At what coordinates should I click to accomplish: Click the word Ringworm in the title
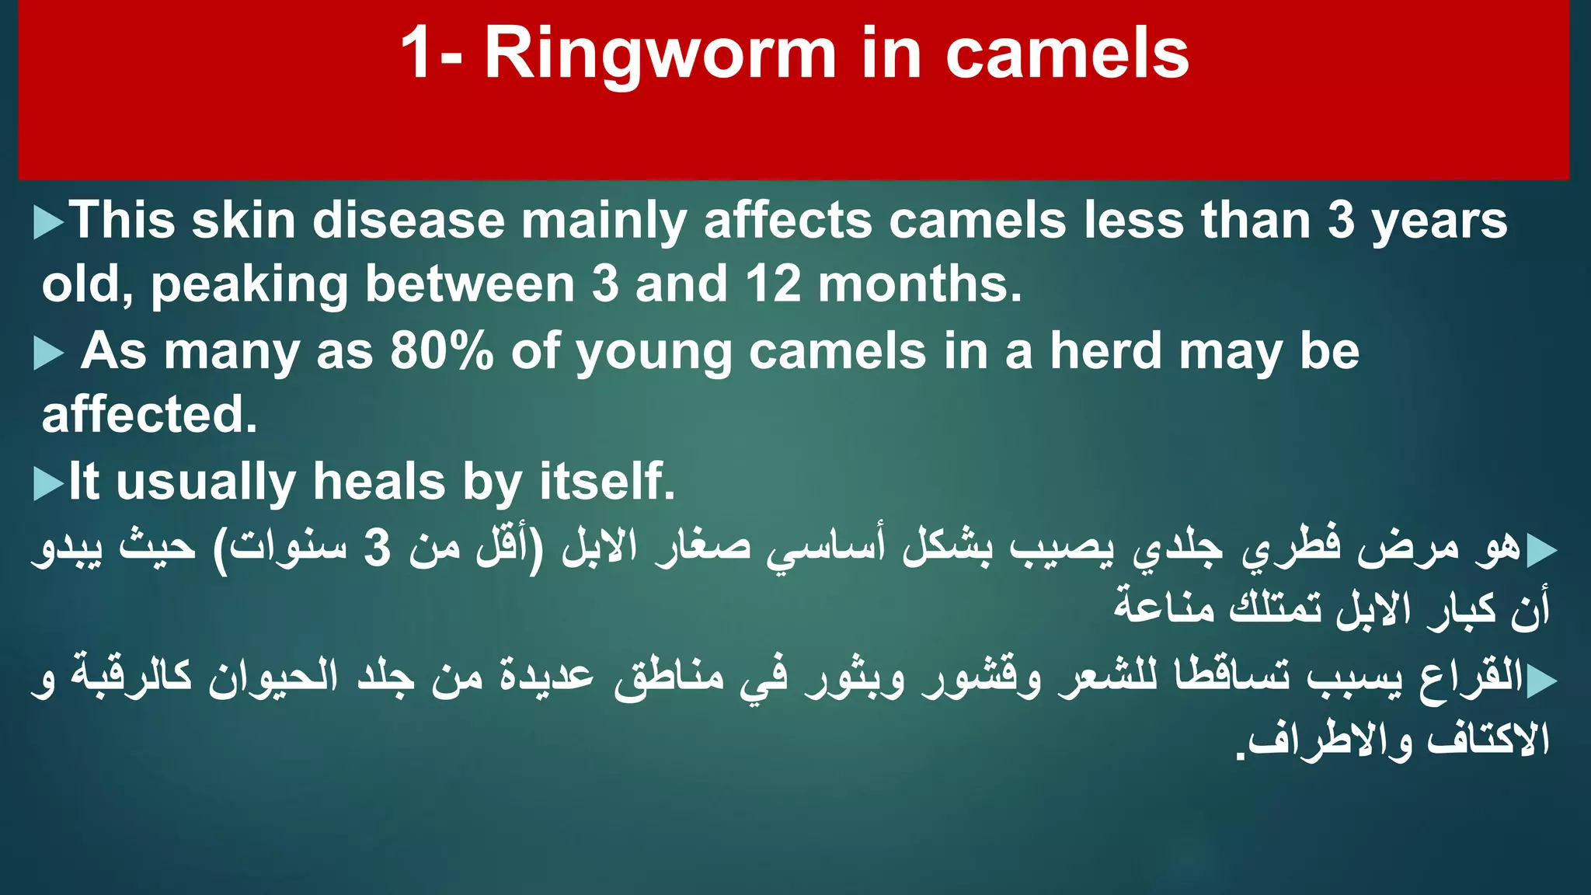pos(660,54)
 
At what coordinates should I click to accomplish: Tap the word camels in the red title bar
pos(1067,54)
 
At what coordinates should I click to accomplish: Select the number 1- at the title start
pos(432,54)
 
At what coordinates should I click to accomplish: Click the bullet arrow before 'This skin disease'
pos(48,223)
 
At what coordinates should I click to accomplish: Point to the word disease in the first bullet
pos(409,221)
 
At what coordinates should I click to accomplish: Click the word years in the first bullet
pos(1439,221)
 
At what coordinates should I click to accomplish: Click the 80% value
pos(441,351)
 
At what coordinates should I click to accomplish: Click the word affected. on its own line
pos(149,415)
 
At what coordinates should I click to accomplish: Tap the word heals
pos(379,482)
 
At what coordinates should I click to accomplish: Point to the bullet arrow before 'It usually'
pos(48,484)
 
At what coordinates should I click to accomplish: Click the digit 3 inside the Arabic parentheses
pos(378,548)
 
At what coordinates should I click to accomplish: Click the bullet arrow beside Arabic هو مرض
pos(1541,551)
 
